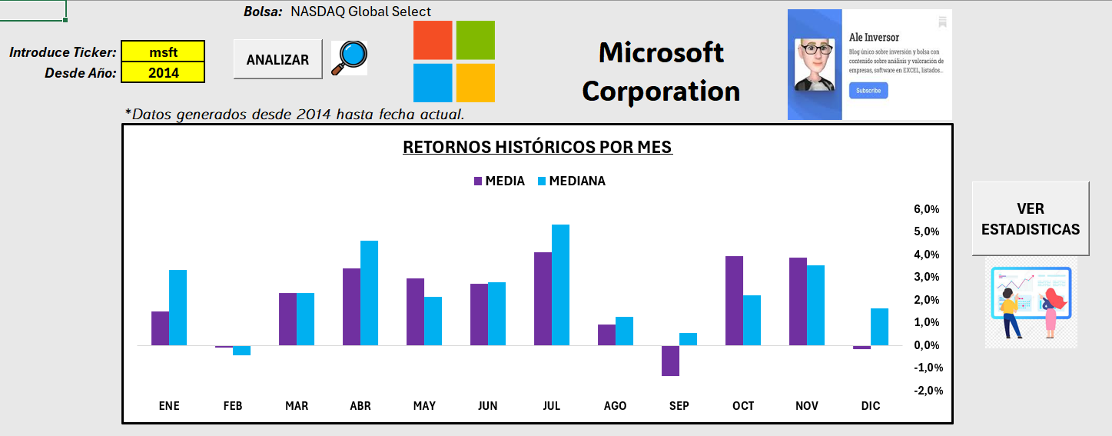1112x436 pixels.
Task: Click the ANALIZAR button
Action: point(277,60)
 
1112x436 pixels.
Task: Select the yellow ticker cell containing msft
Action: point(163,52)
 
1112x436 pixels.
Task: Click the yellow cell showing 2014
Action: point(163,73)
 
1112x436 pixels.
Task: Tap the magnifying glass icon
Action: point(349,58)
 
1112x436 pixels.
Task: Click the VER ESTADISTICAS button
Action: point(1030,218)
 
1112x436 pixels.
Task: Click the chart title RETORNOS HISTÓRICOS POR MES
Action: point(537,147)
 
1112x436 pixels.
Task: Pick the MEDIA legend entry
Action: point(499,181)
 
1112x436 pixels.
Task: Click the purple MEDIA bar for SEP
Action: point(671,361)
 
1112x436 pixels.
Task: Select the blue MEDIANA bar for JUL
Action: point(561,285)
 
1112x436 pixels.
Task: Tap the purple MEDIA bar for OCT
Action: point(735,301)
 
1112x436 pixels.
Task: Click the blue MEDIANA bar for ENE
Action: point(178,308)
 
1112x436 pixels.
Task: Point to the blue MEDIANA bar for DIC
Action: point(880,327)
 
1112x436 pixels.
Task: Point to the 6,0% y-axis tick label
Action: point(926,209)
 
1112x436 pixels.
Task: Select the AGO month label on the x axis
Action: point(615,406)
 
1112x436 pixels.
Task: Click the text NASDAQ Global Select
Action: point(361,12)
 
